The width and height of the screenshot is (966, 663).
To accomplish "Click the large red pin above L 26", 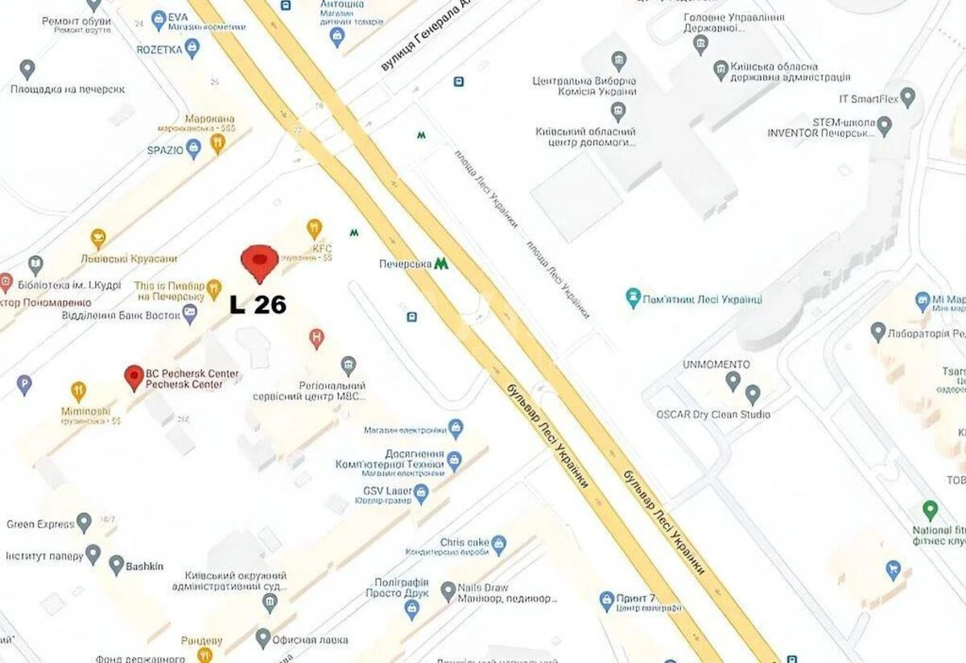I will (259, 261).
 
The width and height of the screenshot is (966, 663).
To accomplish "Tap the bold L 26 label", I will (258, 305).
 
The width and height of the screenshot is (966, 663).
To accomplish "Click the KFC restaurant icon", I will (315, 229).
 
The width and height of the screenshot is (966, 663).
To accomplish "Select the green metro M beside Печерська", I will (440, 263).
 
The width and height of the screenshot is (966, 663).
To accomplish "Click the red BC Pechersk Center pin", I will (134, 377).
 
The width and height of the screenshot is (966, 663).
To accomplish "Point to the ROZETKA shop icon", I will (192, 48).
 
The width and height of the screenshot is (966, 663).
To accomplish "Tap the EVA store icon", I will (159, 18).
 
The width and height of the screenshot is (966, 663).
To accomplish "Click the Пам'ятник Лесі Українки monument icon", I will (634, 298).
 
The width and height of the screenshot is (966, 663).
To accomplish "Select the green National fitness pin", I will (930, 510).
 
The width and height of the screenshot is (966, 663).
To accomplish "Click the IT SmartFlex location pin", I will (908, 97).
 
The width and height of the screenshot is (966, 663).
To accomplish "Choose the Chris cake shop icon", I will (498, 545).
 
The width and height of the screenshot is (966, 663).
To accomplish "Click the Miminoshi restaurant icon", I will (78, 392).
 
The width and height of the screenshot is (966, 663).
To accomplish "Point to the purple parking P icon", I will (24, 384).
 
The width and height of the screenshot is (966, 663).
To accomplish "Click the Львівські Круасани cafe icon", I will (98, 238).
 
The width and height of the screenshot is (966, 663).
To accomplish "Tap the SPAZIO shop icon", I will (193, 149).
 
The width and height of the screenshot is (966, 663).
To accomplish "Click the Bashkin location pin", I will (117, 565).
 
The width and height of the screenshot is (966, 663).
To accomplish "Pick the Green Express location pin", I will (84, 523).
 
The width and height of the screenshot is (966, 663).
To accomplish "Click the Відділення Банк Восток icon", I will (190, 313).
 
